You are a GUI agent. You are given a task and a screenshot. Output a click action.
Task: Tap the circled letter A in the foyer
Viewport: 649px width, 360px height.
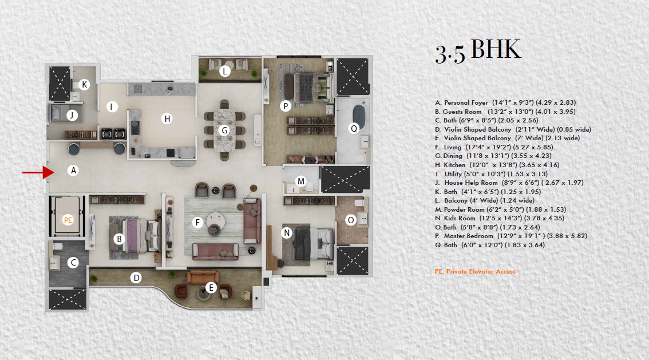(x=73, y=170)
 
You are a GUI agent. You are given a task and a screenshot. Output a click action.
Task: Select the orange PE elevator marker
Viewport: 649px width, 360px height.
(x=68, y=220)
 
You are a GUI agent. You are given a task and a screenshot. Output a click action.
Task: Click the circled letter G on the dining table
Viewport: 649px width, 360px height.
(x=224, y=130)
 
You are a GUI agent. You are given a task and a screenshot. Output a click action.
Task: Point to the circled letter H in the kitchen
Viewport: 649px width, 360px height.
(x=167, y=118)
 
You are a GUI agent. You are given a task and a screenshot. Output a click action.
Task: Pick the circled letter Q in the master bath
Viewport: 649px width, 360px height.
(x=354, y=128)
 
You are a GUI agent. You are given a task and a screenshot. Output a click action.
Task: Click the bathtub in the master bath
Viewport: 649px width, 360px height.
(x=359, y=117)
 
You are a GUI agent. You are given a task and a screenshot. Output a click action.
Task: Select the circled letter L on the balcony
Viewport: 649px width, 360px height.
(x=225, y=71)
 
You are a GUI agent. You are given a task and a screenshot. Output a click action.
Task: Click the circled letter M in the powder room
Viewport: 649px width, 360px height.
(x=301, y=181)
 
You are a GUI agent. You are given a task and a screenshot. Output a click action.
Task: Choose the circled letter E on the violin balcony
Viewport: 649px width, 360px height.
(x=211, y=287)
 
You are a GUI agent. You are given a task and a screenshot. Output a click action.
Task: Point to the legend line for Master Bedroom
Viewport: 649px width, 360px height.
(x=511, y=236)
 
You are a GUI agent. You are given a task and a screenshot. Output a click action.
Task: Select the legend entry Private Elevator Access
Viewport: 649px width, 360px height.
(x=475, y=271)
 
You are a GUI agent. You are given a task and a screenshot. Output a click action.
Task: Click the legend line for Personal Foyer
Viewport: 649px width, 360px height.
(x=505, y=102)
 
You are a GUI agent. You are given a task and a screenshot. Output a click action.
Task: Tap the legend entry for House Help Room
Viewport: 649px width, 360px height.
(x=509, y=183)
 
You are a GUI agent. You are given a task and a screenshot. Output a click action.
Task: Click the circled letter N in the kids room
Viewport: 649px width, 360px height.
(x=287, y=232)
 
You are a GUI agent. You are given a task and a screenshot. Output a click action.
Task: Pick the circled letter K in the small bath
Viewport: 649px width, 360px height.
(x=85, y=85)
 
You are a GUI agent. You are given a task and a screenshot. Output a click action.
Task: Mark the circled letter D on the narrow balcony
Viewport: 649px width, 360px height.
(x=136, y=278)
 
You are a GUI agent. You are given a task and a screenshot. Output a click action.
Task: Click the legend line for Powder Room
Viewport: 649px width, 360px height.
(x=500, y=209)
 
